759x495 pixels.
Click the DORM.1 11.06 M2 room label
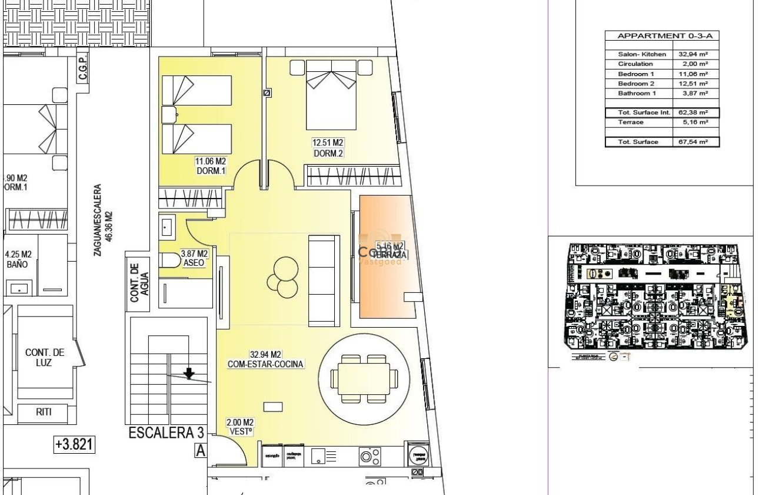point(211,166)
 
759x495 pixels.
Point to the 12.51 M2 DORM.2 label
point(328,147)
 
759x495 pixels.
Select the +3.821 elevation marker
point(74,445)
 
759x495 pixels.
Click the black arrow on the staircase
point(189,374)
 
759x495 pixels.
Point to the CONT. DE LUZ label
point(45,358)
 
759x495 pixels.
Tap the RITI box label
point(44,412)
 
